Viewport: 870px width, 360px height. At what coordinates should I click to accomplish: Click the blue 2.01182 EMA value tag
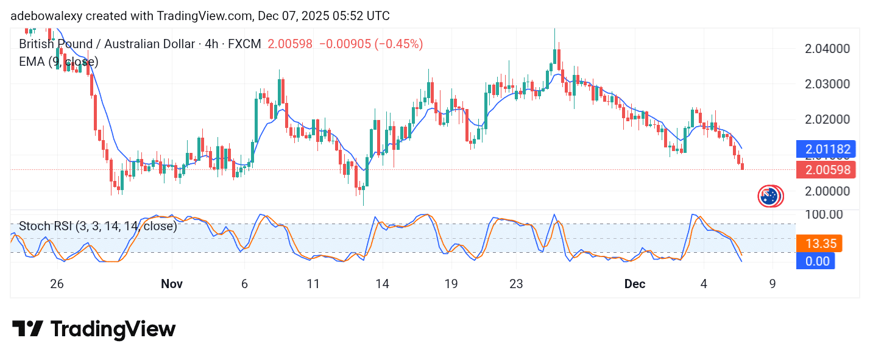click(x=826, y=149)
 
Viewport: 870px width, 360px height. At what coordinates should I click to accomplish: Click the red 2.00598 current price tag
click(x=826, y=170)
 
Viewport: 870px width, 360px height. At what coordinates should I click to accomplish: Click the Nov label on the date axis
click(x=172, y=284)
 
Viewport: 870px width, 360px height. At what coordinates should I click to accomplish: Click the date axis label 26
click(x=57, y=284)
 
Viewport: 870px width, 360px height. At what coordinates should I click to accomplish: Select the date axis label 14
click(x=382, y=284)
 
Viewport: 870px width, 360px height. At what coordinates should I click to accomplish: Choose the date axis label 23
click(x=516, y=284)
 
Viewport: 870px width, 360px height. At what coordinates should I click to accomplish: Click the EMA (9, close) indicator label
click(x=58, y=62)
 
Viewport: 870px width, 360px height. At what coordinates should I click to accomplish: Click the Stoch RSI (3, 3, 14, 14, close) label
click(x=97, y=227)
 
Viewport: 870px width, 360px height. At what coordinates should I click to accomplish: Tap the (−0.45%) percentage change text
click(x=398, y=44)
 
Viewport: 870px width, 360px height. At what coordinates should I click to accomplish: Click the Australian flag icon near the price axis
click(x=770, y=196)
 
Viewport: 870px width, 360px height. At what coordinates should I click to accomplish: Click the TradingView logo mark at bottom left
click(x=27, y=329)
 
